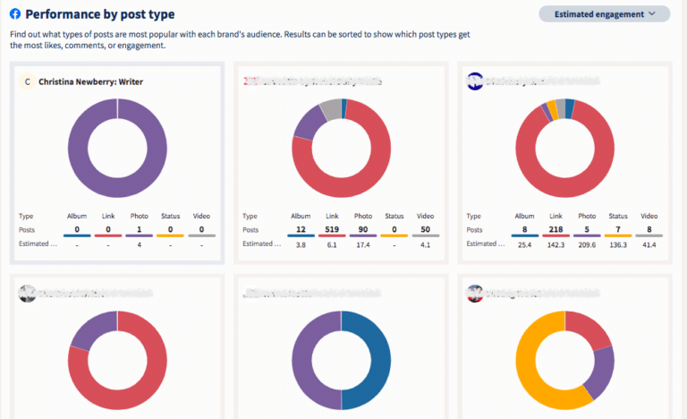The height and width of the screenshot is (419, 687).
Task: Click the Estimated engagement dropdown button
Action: tap(604, 13)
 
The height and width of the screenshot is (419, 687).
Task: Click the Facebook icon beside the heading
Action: tap(15, 14)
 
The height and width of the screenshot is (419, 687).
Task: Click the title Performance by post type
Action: tap(100, 14)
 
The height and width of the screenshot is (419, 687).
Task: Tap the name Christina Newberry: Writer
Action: tap(90, 81)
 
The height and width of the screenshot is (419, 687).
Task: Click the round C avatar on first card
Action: tap(28, 81)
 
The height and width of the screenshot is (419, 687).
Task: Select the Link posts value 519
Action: tap(330, 230)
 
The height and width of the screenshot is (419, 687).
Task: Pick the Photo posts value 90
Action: tap(363, 230)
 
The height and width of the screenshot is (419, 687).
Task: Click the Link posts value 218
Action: tap(555, 230)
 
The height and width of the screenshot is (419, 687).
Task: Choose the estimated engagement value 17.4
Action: tap(363, 244)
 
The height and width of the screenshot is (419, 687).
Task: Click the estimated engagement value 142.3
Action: tap(555, 244)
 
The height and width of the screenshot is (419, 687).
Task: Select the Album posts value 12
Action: tap(299, 230)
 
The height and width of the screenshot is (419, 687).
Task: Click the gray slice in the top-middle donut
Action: tap(331, 109)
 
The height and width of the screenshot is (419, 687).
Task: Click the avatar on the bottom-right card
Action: tap(474, 293)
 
